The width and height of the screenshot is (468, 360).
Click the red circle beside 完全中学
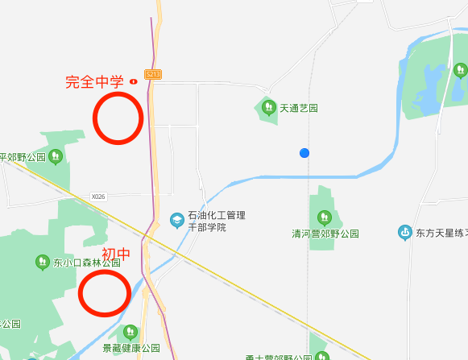[118, 118]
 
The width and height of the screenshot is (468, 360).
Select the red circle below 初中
[105, 293]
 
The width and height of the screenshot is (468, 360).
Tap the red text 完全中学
[94, 82]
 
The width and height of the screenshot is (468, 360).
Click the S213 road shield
[154, 74]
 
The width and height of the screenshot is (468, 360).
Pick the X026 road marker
[98, 196]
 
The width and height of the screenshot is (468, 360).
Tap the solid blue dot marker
[304, 153]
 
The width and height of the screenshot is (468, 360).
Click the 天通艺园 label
[299, 108]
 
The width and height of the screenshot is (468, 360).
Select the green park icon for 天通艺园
[267, 106]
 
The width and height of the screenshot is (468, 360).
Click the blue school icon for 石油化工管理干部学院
[176, 219]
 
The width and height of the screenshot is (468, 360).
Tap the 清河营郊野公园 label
[325, 234]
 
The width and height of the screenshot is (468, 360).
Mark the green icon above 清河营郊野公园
[324, 216]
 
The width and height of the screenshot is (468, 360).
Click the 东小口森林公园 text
[87, 263]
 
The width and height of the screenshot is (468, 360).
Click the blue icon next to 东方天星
[404, 234]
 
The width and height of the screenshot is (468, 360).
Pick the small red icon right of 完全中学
[134, 81]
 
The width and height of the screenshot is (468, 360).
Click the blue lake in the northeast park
[427, 89]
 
